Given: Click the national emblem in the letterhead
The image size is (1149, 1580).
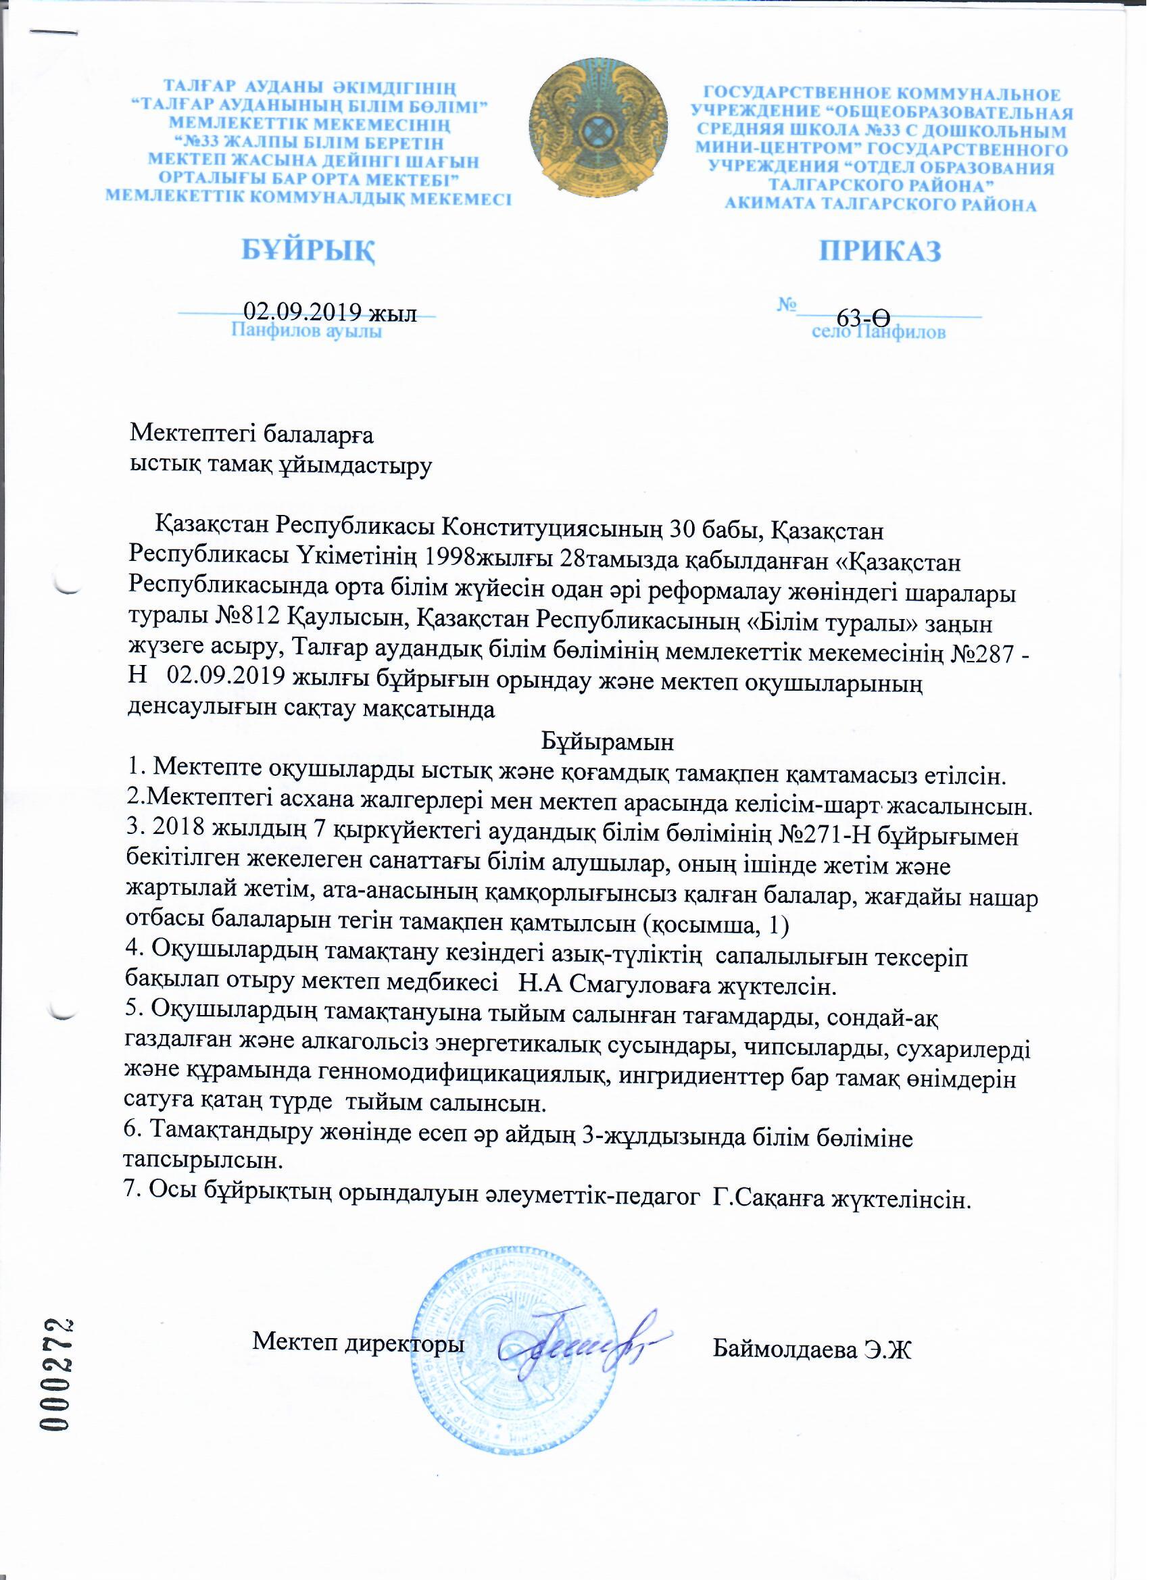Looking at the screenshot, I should point(598,131).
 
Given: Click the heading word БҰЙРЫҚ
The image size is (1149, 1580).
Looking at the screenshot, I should point(309,250).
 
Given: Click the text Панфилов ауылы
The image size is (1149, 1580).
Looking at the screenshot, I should point(307,332).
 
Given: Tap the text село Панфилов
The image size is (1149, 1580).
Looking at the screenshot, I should point(879,332).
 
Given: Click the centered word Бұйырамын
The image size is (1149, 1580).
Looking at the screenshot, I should point(608,741).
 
